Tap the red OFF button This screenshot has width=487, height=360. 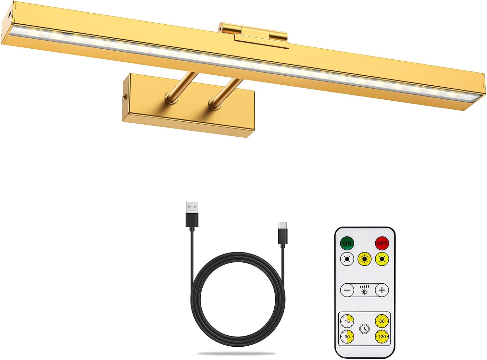point(382,243)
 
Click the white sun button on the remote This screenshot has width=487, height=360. point(347,259)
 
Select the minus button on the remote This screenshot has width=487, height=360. point(347,290)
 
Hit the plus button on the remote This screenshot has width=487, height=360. point(382,290)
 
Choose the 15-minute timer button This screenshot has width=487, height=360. point(347,321)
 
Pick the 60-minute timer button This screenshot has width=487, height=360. point(382,321)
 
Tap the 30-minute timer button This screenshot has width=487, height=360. point(347,337)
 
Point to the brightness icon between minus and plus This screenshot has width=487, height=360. point(365,290)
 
